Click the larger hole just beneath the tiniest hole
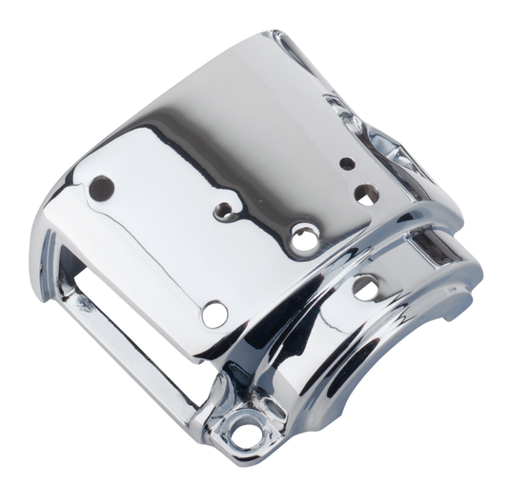pyautogui.click(x=363, y=194)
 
